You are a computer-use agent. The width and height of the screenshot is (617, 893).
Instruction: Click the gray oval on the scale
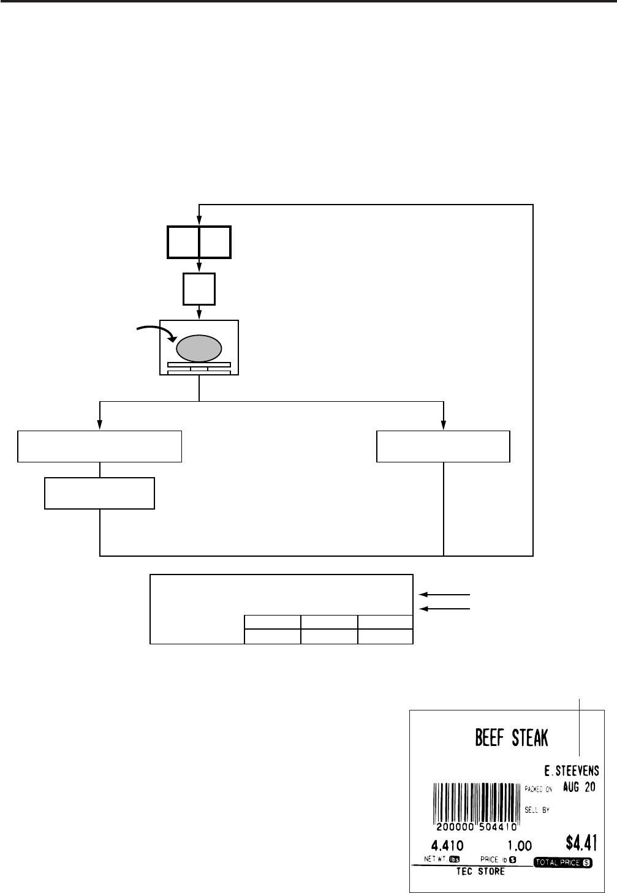point(199,348)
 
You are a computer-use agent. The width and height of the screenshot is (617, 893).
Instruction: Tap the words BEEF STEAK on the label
point(512,737)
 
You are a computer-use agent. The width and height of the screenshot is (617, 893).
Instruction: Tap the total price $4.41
point(580,845)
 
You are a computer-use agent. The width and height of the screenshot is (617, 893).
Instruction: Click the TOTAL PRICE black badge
point(563,862)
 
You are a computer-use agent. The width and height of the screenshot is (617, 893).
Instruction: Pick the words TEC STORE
point(480,872)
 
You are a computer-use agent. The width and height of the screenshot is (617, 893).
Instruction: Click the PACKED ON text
point(539,789)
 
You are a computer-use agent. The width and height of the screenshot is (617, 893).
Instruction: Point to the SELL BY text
point(537,810)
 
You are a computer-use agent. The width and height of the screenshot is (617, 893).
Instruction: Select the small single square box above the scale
point(199,289)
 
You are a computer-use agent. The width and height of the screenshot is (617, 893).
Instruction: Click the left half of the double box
point(183,242)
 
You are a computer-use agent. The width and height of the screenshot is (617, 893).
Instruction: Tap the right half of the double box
point(215,242)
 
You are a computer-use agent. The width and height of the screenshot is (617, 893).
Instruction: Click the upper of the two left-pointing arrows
point(444,594)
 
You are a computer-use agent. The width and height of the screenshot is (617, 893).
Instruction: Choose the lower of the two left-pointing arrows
point(444,609)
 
